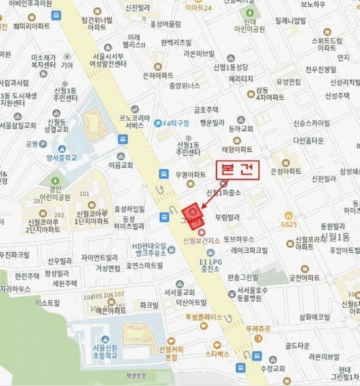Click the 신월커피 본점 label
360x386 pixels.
(x=173, y=353)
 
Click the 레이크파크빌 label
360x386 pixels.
(x=253, y=249)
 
